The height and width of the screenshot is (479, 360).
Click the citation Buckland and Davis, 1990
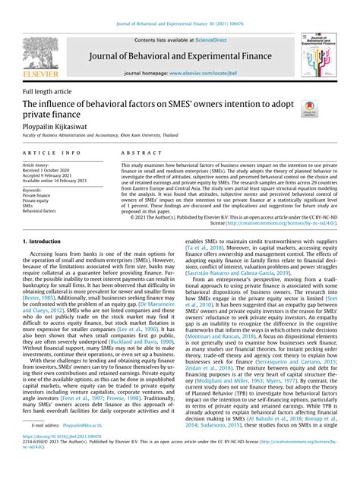tap(140, 341)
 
